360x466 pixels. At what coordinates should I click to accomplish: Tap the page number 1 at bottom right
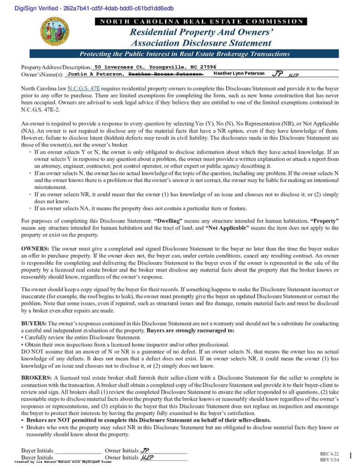pyautogui.click(x=350, y=455)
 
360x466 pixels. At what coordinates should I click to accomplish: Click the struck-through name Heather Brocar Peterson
pyautogui.click(x=166, y=74)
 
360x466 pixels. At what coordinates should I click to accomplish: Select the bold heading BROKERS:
pyautogui.click(x=36, y=378)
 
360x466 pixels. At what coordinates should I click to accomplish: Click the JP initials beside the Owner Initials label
pyautogui.click(x=145, y=451)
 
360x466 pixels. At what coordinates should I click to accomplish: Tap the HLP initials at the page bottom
pyautogui.click(x=147, y=457)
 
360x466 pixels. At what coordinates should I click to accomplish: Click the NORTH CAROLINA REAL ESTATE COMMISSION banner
pyautogui.click(x=201, y=21)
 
